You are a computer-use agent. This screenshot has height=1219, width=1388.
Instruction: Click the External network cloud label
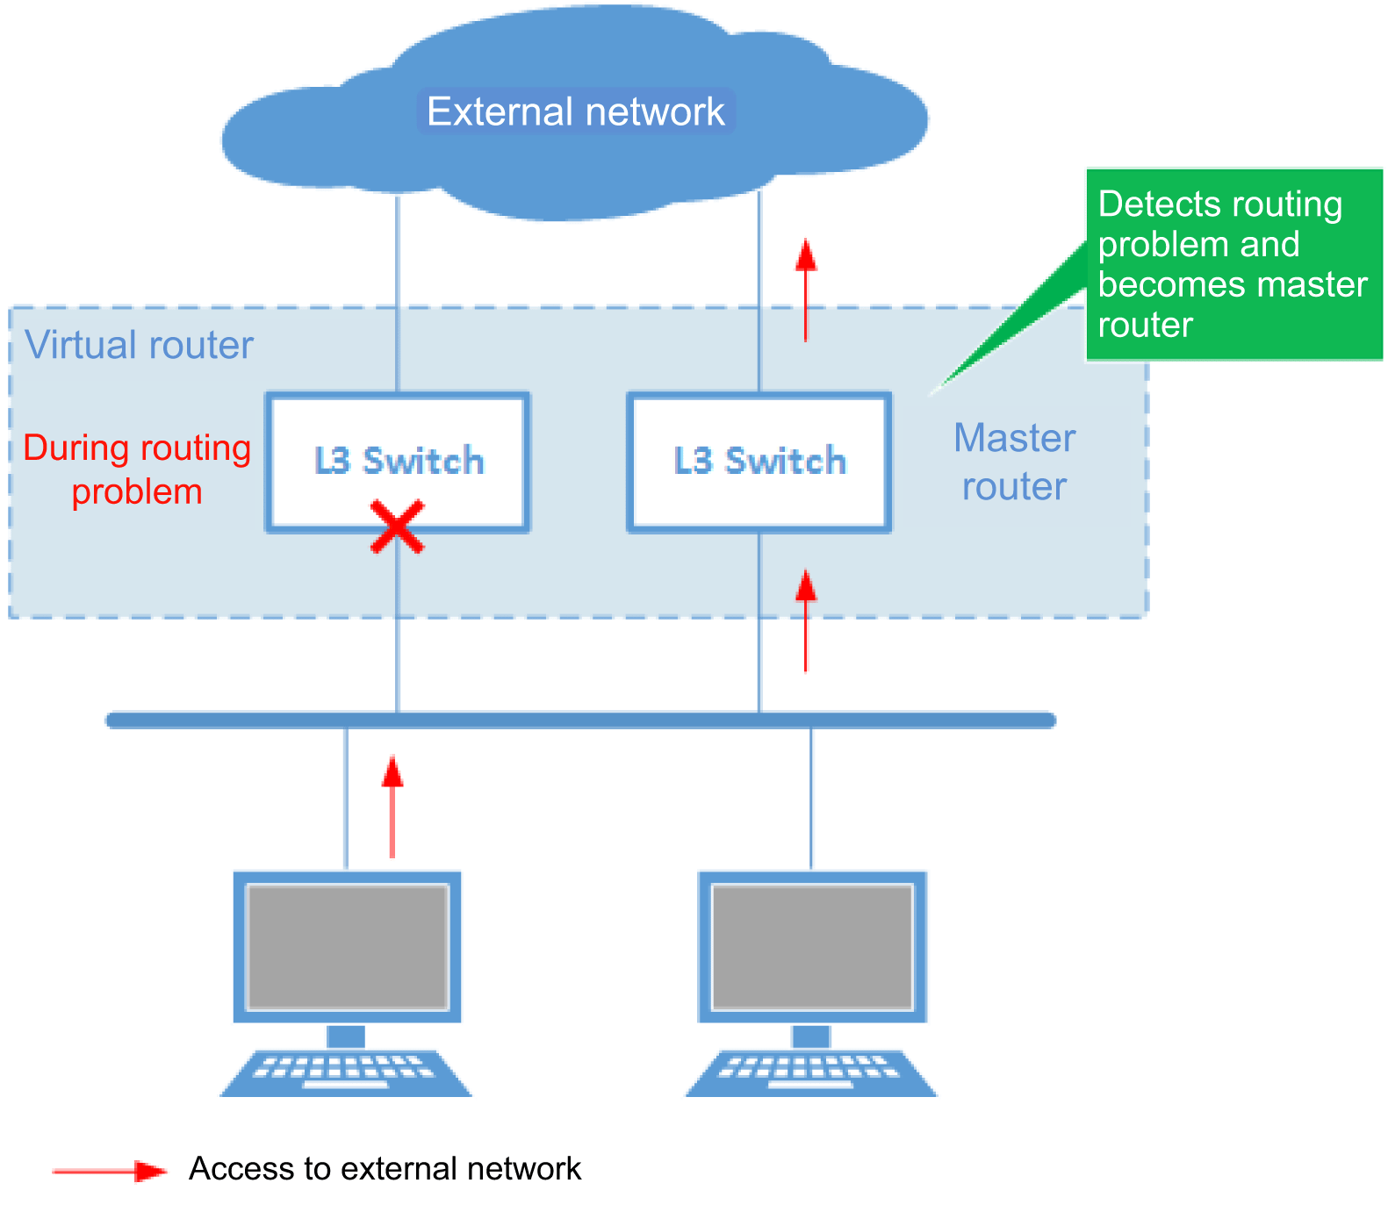click(576, 112)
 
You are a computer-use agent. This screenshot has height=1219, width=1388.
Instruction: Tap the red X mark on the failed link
click(397, 527)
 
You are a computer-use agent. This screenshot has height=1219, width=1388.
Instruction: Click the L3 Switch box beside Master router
click(759, 462)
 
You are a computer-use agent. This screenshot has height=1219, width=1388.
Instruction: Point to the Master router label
click(1014, 462)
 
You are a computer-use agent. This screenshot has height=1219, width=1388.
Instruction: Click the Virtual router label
click(139, 345)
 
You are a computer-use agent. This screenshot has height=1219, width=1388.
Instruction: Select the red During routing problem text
click(137, 470)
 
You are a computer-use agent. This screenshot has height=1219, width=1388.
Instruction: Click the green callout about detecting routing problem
click(1233, 264)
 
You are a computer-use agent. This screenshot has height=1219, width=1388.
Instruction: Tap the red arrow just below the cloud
click(806, 290)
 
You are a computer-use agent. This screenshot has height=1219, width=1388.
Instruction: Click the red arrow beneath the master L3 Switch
click(806, 620)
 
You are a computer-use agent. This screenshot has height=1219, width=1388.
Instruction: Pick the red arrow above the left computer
click(392, 807)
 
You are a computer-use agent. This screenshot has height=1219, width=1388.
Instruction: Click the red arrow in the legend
click(110, 1171)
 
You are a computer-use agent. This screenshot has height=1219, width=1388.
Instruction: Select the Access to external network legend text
click(385, 1169)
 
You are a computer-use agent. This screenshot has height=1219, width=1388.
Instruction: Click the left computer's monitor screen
click(348, 946)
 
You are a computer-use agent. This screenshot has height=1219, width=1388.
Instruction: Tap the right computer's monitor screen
click(812, 946)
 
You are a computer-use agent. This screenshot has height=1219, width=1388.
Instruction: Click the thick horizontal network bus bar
click(580, 721)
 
